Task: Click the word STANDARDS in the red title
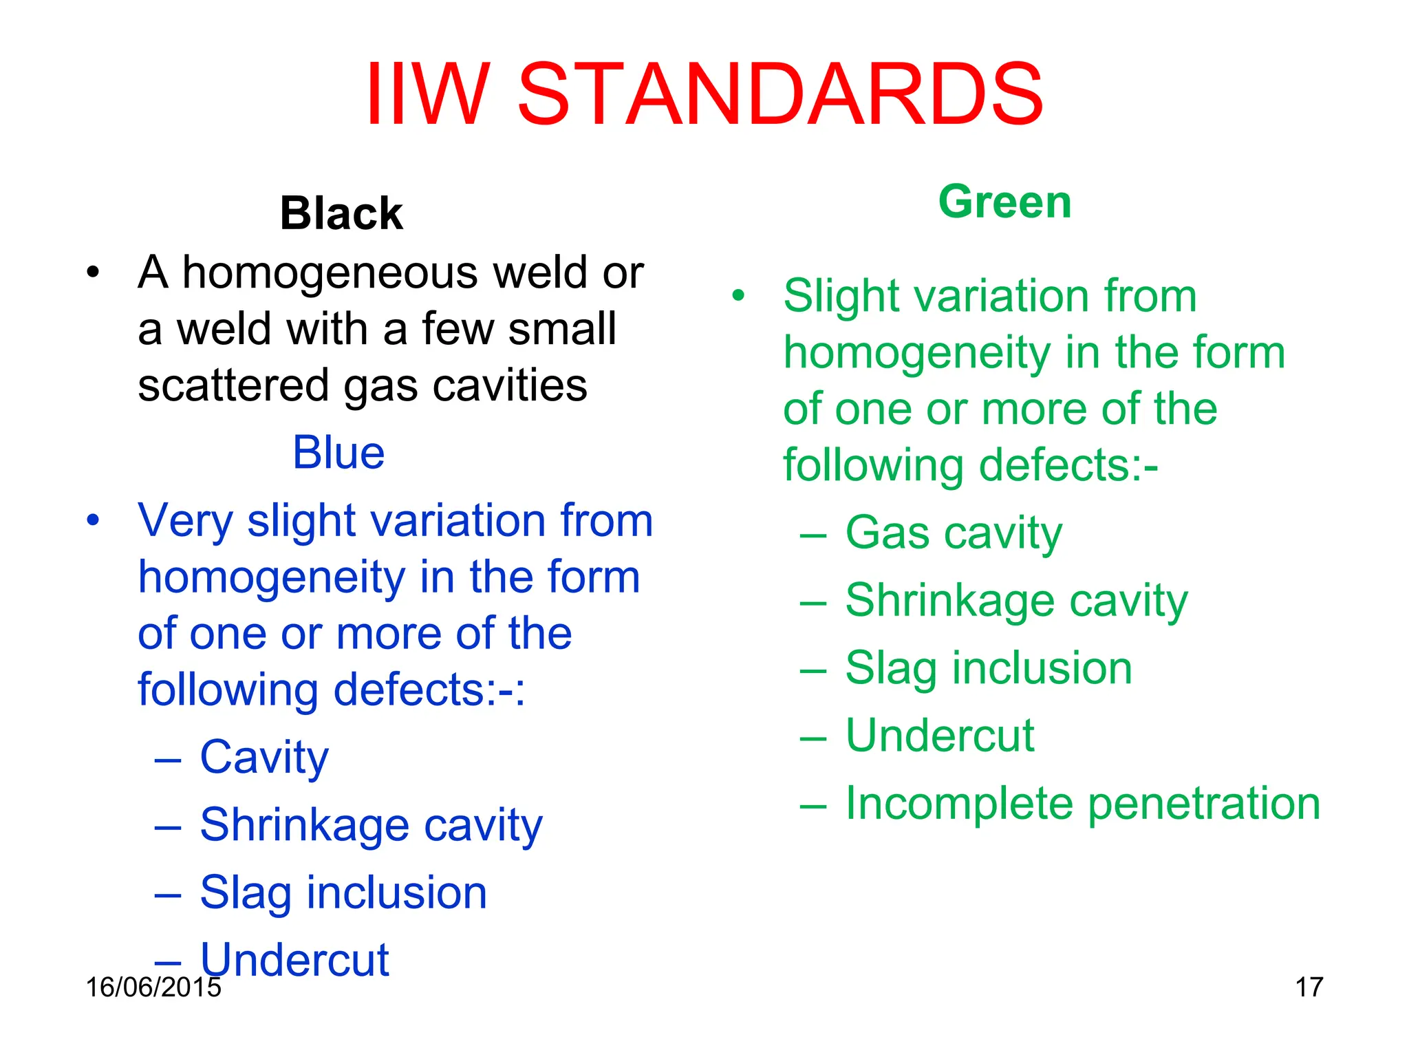tap(780, 95)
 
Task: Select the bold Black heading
tap(341, 213)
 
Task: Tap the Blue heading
tap(338, 453)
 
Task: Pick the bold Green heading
tap(1004, 202)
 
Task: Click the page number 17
tap(1309, 987)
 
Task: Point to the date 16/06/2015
tap(153, 987)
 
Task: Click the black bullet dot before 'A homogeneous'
tap(93, 272)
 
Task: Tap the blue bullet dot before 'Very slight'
tap(93, 520)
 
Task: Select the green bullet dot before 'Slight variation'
tap(738, 295)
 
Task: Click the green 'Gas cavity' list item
tap(954, 534)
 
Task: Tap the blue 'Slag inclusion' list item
tap(343, 893)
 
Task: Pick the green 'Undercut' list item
tap(940, 736)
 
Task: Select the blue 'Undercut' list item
tap(294, 959)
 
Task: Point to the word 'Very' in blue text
tap(185, 521)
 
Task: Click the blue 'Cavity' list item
tap(264, 758)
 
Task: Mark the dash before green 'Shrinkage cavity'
tap(813, 601)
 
